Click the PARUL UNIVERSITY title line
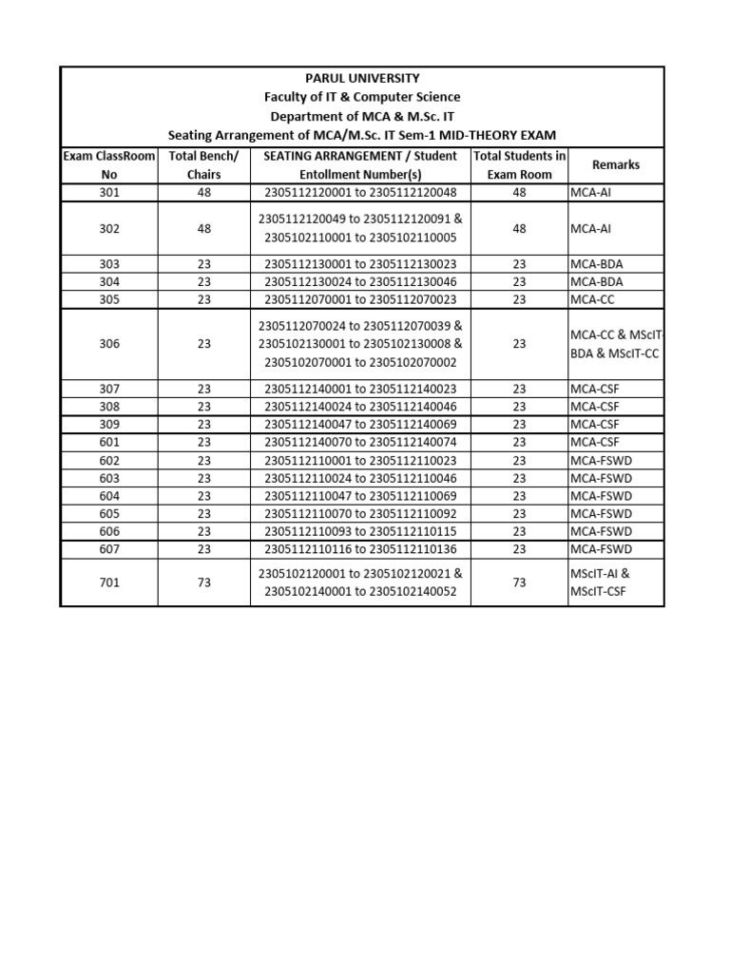pos(361,78)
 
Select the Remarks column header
pos(615,165)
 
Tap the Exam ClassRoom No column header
pos(108,165)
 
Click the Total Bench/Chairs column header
pos(203,165)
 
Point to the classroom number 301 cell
pos(108,192)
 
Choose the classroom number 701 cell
pos(108,582)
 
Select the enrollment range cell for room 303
pos(360,263)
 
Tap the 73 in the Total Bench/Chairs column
pos(203,582)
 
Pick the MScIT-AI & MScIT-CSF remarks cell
pos(599,582)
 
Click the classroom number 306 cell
pos(108,344)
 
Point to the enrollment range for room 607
pos(360,549)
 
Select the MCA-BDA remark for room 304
pos(598,281)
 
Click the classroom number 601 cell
pos(108,442)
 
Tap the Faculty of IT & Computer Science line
pos(361,97)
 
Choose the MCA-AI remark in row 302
pos(593,228)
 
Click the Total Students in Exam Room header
pos(519,165)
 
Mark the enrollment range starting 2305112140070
pos(360,442)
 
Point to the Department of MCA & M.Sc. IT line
pos(361,116)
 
